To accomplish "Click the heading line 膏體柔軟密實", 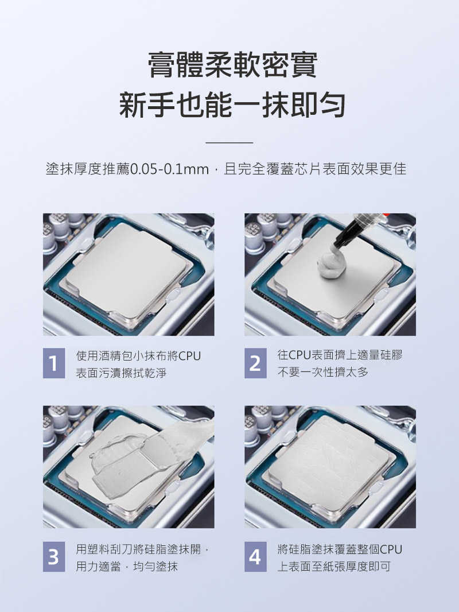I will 232,65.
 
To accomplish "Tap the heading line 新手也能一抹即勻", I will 232,105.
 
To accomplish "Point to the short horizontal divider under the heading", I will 229,142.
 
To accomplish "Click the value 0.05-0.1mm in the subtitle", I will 169,169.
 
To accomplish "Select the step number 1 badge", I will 53,364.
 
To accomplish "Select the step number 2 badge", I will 255,364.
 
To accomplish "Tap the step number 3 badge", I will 53,557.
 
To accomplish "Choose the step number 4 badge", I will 255,557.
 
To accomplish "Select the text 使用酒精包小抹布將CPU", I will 138,356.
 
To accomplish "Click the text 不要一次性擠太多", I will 322,373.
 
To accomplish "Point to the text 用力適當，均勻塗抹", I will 127,567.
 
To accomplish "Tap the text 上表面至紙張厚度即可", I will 334,567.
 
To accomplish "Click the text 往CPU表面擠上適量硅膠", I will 340,355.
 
